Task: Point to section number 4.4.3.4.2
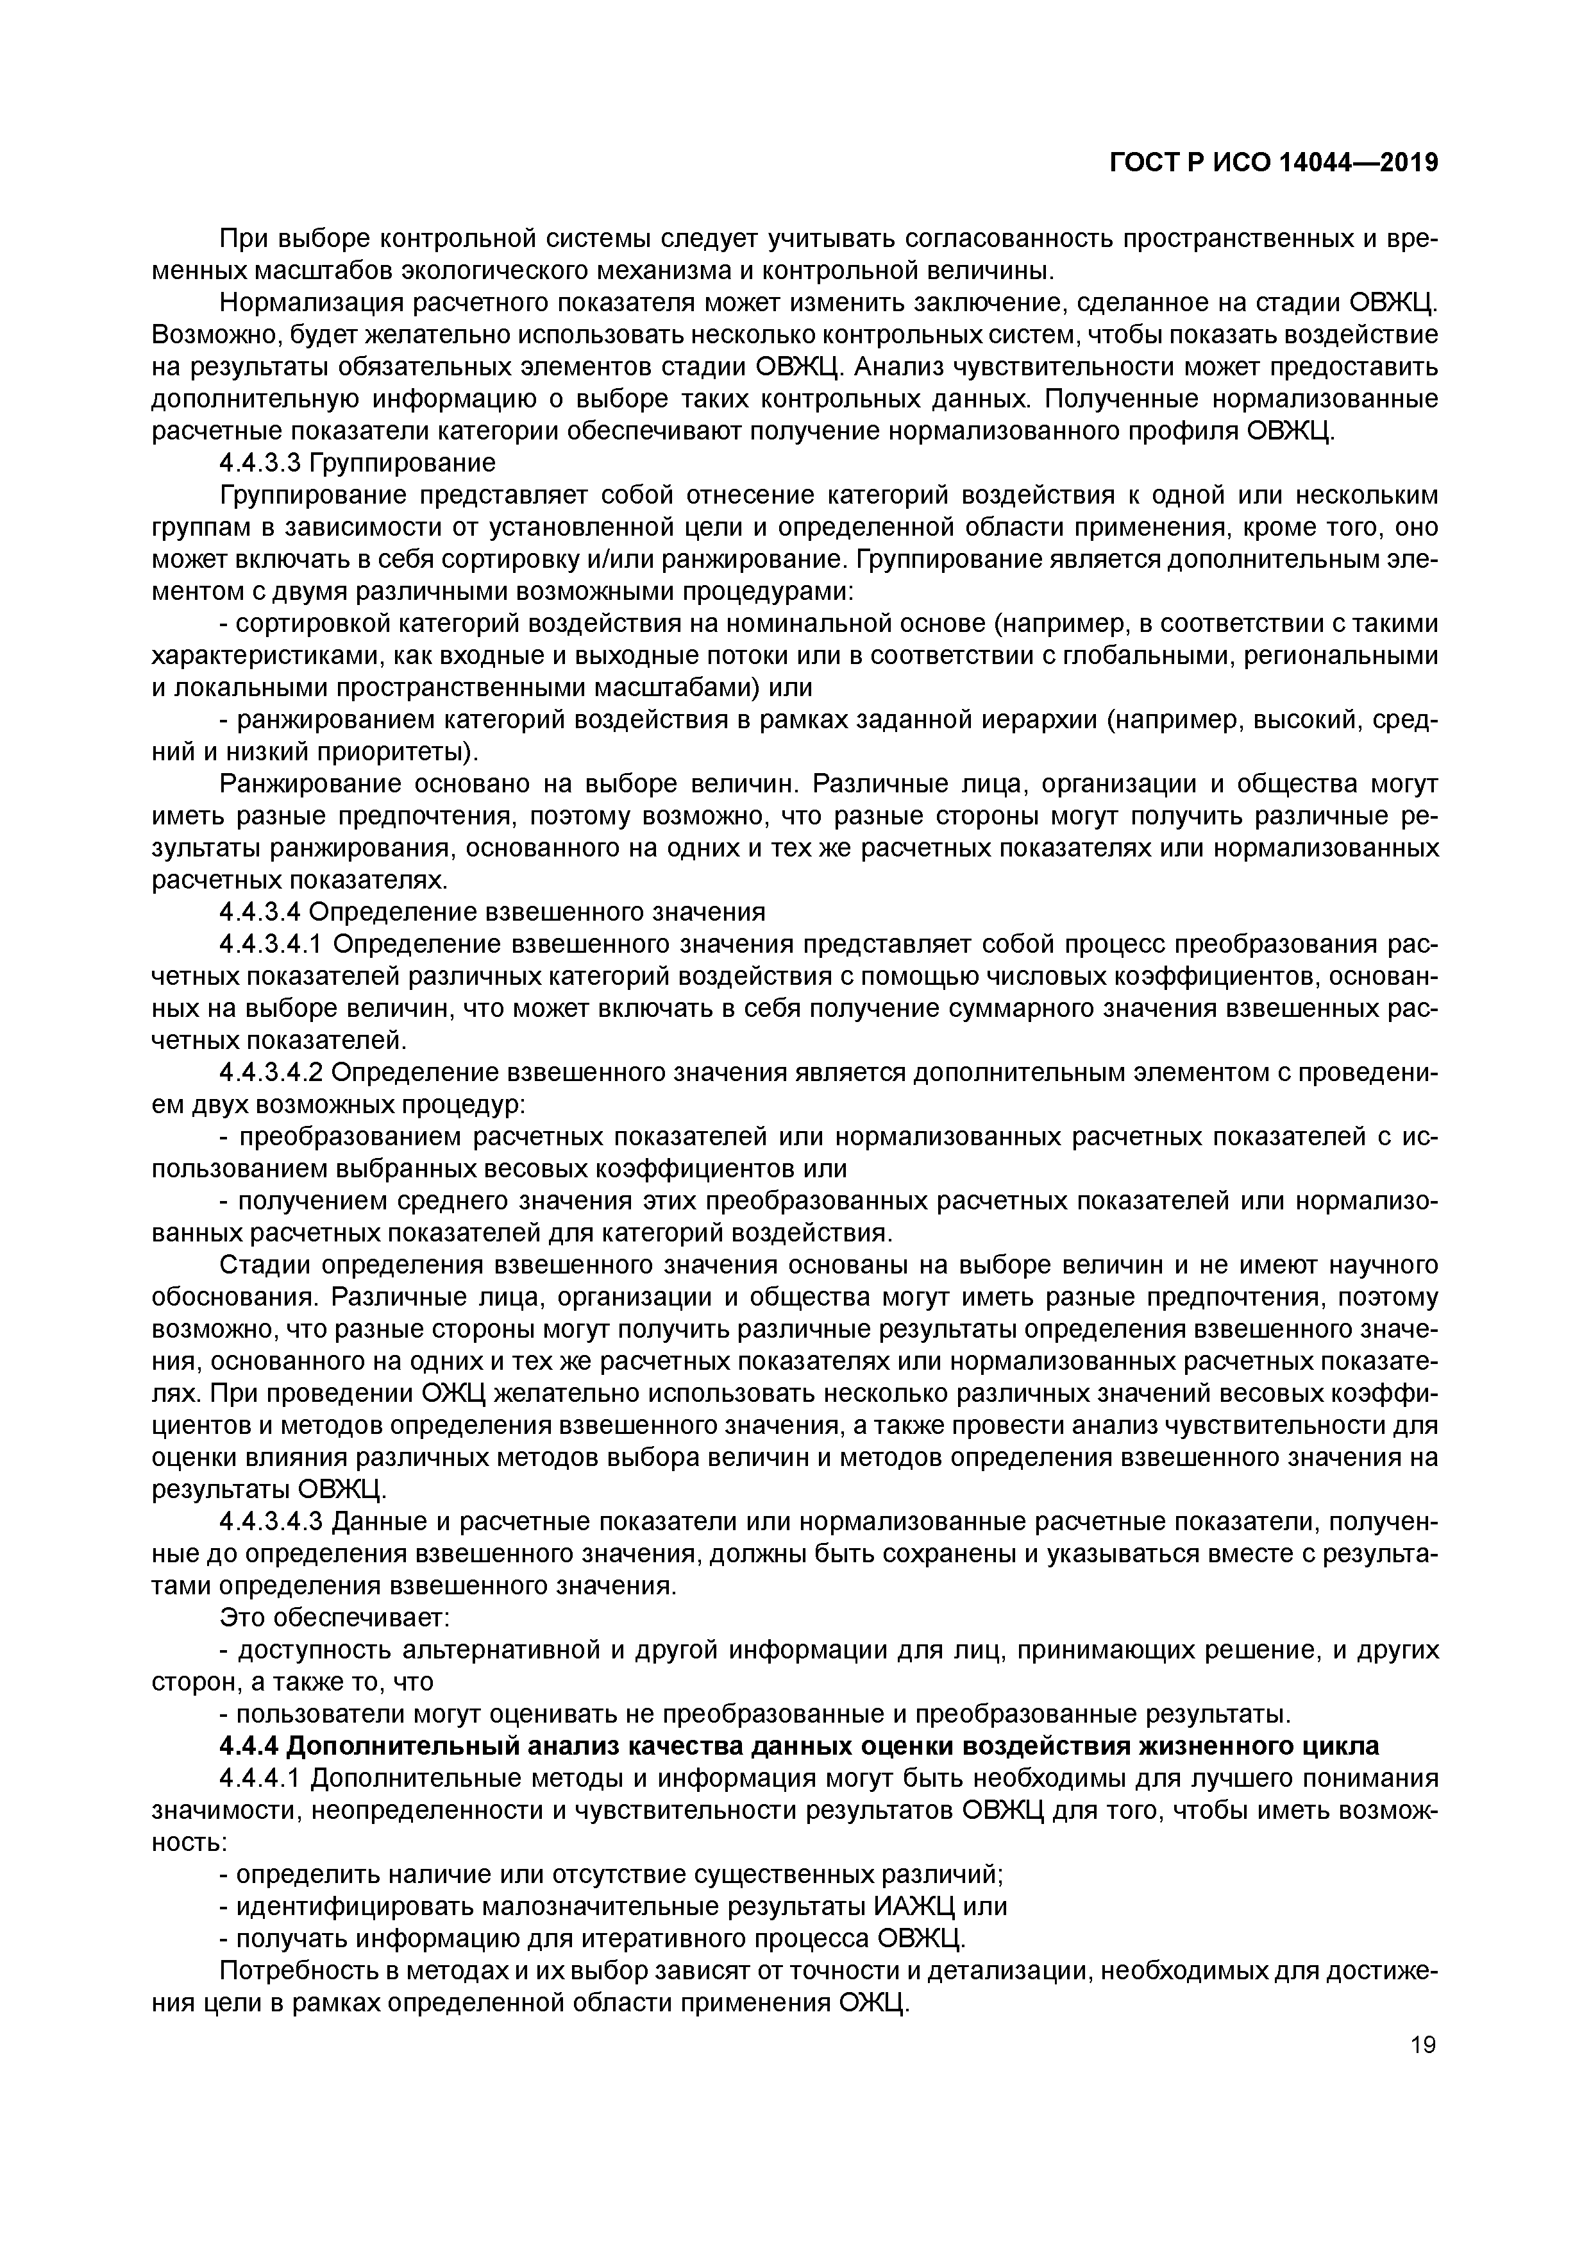coord(273,1072)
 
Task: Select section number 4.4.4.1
coord(260,1778)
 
